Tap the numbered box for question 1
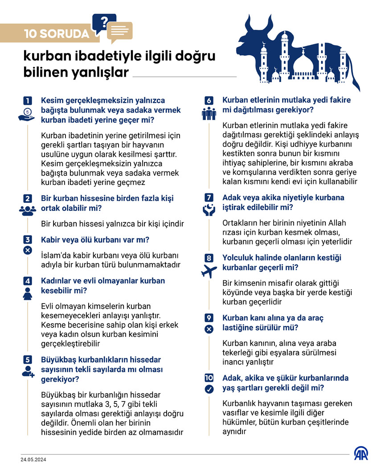tap(28, 101)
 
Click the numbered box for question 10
tap(209, 378)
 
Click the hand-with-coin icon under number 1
tap(27, 115)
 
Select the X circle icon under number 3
tap(28, 250)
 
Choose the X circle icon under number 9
tap(209, 329)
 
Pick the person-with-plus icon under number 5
tap(28, 371)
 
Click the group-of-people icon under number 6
tap(209, 114)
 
